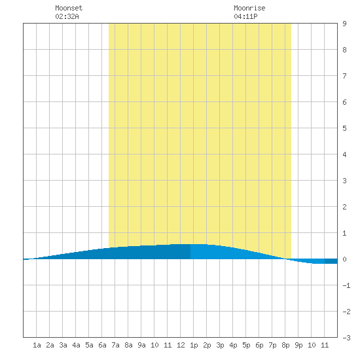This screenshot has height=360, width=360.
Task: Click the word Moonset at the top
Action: pyautogui.click(x=69, y=8)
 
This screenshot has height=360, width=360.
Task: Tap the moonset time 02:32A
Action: pyautogui.click(x=67, y=16)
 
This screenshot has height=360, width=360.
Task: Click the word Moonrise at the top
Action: pyautogui.click(x=249, y=8)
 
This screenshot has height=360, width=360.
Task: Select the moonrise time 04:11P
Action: pyautogui.click(x=245, y=16)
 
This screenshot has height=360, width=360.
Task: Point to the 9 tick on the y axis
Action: pyautogui.click(x=344, y=24)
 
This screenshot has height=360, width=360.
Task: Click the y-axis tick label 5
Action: pyautogui.click(x=344, y=128)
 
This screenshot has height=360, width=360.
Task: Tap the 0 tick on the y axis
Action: pyautogui.click(x=344, y=259)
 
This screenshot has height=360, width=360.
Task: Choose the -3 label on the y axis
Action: pyautogui.click(x=346, y=338)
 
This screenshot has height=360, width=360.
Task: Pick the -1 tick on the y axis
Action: pyautogui.click(x=346, y=285)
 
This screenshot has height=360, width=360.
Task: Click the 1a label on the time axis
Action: pyautogui.click(x=37, y=345)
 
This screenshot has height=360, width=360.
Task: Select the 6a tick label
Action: pyautogui.click(x=102, y=345)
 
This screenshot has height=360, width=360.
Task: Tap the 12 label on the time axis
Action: pyautogui.click(x=181, y=345)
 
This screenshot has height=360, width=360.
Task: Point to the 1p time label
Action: pyautogui.click(x=194, y=345)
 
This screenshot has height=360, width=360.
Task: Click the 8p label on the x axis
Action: pyautogui.click(x=285, y=345)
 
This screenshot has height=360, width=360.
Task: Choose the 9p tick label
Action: pyautogui.click(x=298, y=345)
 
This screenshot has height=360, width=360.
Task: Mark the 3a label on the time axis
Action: pyautogui.click(x=63, y=345)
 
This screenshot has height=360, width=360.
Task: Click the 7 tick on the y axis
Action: pyautogui.click(x=344, y=76)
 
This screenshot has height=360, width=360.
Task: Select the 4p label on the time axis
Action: pyautogui.click(x=233, y=345)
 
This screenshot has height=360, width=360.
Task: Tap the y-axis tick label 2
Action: pyautogui.click(x=344, y=207)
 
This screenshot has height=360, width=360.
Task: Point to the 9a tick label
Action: pyautogui.click(x=141, y=345)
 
